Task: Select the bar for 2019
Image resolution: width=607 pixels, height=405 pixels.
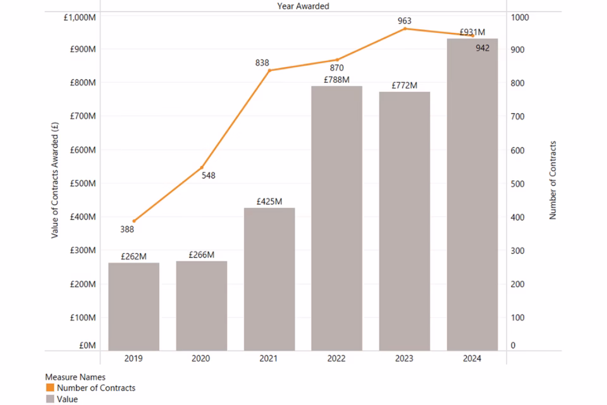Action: coord(133,306)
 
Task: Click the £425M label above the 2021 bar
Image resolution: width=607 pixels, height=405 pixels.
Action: coord(269,201)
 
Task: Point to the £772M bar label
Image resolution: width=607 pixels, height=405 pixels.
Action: coord(405,85)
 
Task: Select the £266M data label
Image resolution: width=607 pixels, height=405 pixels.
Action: coord(202,255)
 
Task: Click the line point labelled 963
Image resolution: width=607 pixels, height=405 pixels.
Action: coord(405,28)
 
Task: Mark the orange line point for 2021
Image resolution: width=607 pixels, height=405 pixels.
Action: coord(269,70)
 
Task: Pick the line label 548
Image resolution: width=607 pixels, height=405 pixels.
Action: coord(209,175)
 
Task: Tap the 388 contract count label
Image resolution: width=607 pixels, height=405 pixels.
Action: coord(127,229)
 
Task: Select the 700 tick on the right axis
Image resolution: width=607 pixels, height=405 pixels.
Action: coord(518,116)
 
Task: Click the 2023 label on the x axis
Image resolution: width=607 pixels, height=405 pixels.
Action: coord(405,359)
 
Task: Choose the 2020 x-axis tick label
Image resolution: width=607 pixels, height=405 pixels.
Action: coord(202,359)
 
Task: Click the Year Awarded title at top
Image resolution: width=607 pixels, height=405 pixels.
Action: coord(303,6)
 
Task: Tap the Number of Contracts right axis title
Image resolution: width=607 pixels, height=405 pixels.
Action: coord(553,180)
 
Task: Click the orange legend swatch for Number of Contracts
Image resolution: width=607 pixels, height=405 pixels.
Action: coord(50,388)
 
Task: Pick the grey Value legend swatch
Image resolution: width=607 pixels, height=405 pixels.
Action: coord(50,399)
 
